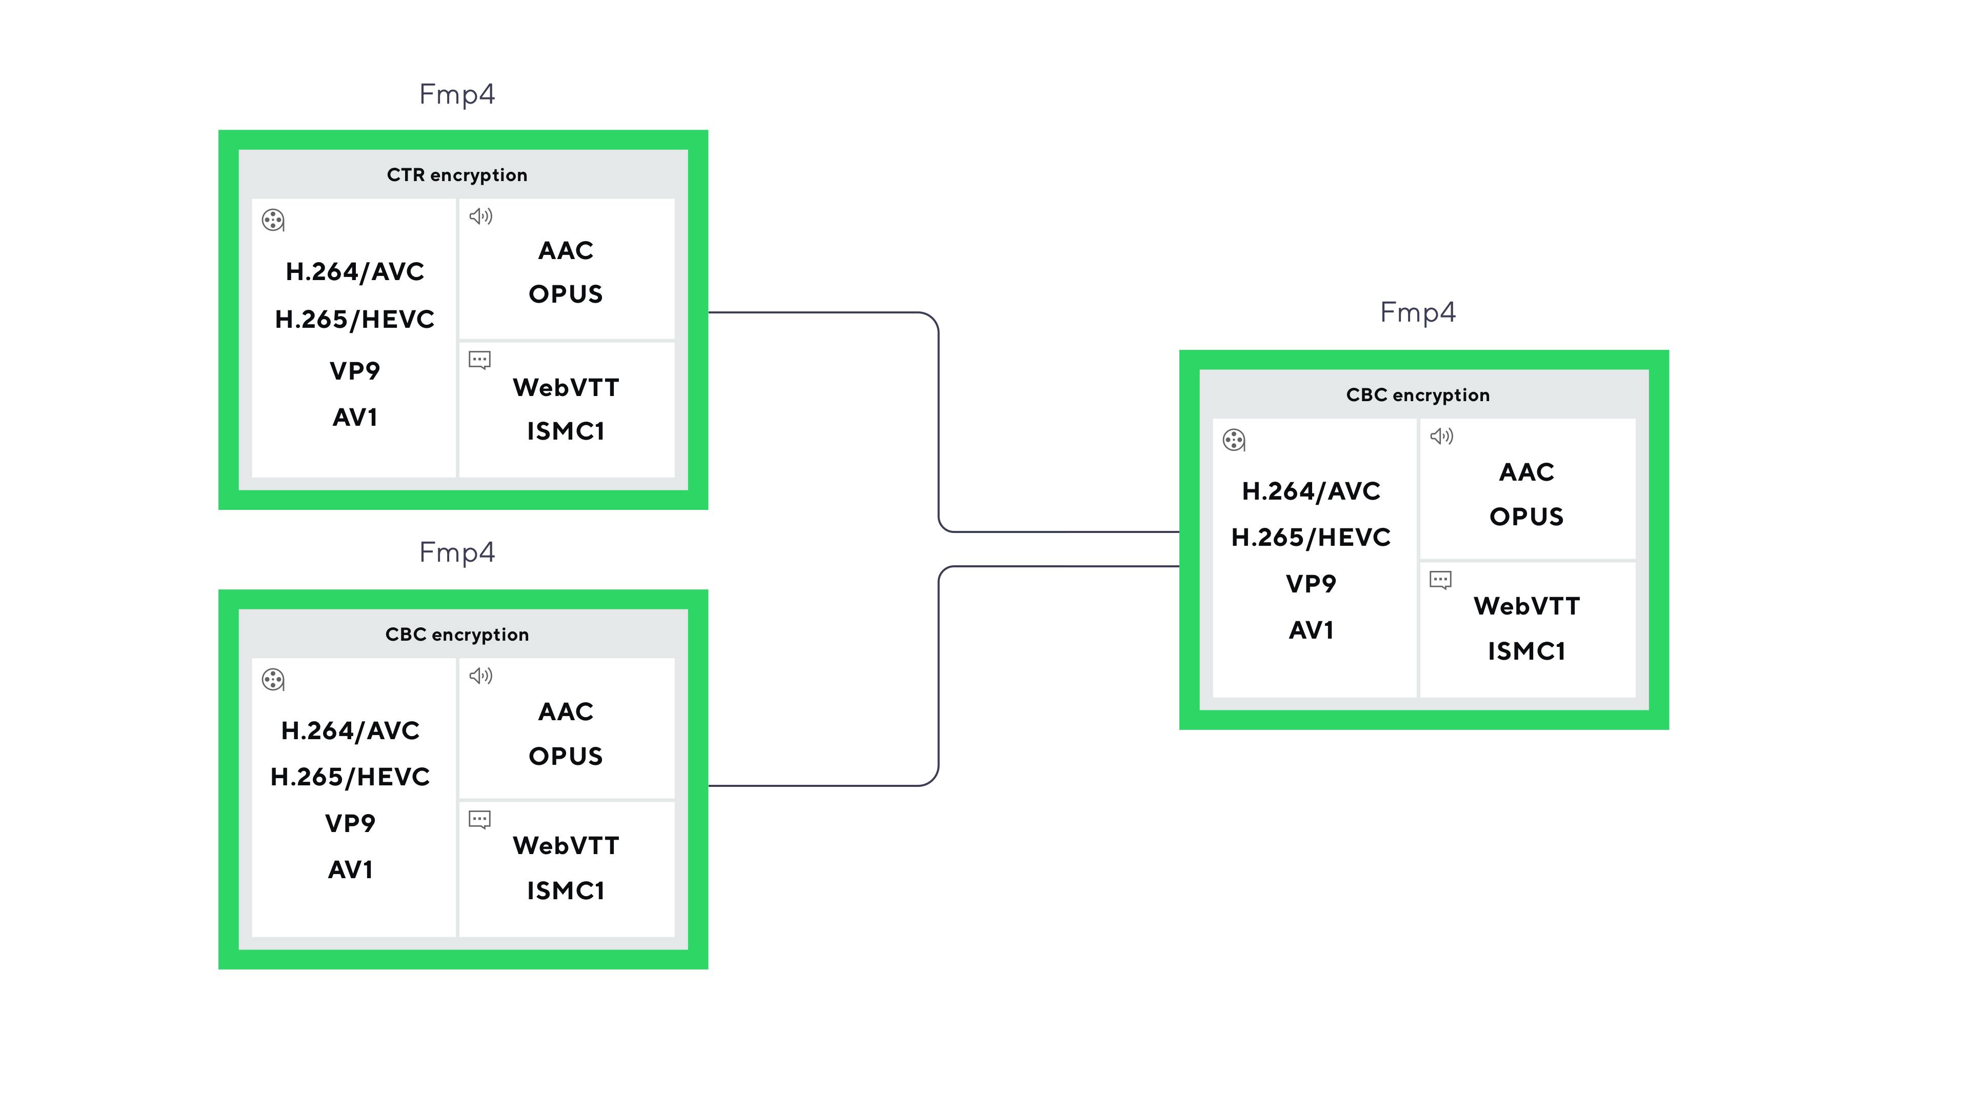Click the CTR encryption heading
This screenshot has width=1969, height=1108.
[457, 175]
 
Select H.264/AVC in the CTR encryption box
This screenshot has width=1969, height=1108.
[355, 271]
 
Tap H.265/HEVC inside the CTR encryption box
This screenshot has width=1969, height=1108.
[355, 319]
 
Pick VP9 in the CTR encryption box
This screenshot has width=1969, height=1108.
[355, 371]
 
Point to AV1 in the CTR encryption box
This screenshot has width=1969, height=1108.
[355, 418]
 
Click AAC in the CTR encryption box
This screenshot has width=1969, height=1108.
[566, 251]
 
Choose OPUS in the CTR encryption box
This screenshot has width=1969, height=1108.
[566, 294]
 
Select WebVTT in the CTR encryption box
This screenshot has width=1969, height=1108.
[566, 388]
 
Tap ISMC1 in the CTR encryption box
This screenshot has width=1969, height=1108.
[566, 431]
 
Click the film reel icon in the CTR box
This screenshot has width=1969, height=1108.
[273, 220]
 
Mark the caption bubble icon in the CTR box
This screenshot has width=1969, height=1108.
[480, 360]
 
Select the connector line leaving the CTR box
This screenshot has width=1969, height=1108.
[939, 422]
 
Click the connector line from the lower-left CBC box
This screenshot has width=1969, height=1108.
[939, 676]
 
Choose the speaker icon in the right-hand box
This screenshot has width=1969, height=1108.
[1441, 437]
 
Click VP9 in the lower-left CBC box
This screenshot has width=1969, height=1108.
[350, 823]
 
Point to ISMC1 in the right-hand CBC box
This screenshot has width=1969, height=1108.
[1526, 651]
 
